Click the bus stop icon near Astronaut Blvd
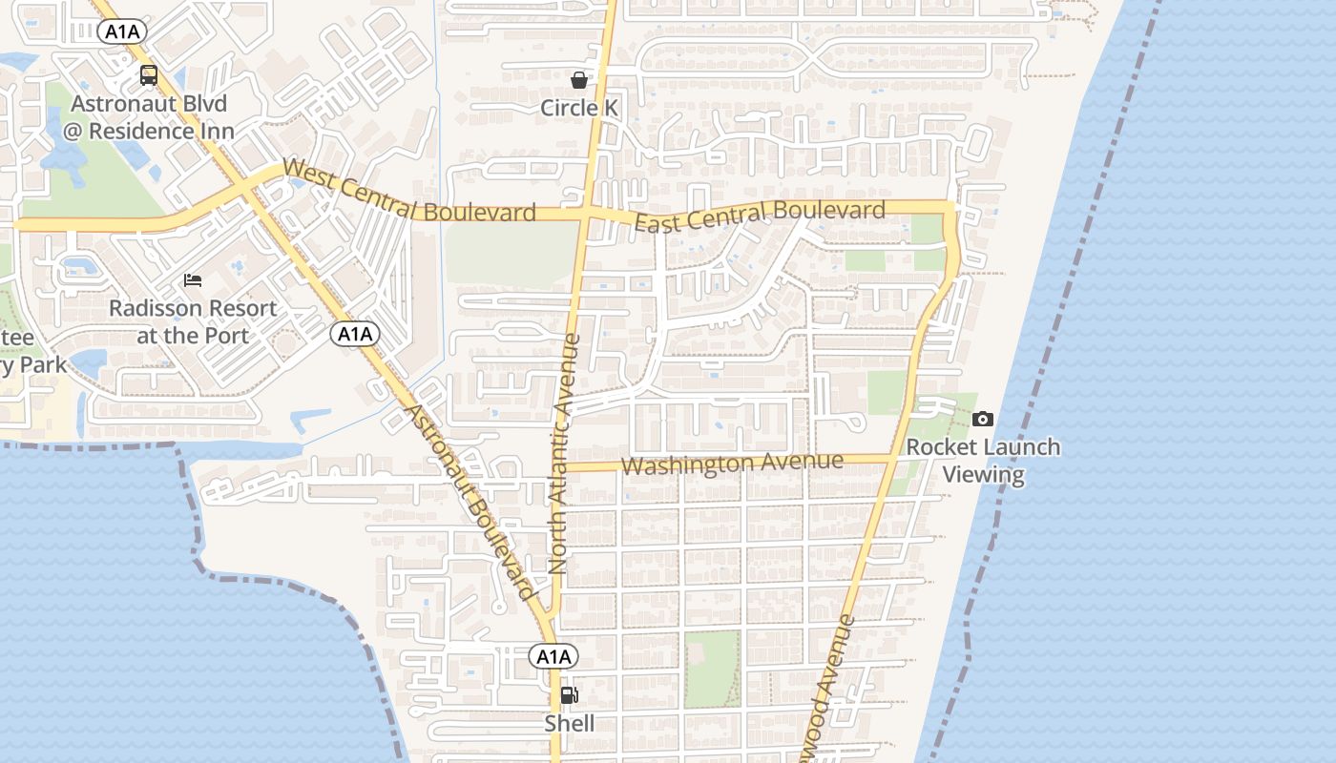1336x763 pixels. tap(149, 75)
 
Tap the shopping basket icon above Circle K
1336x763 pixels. tap(578, 79)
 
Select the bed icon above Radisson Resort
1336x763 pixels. tap(193, 280)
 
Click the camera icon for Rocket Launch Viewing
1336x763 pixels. tap(983, 419)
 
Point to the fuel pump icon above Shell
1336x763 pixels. tap(569, 694)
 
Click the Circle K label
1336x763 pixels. tap(579, 108)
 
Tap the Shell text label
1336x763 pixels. tap(569, 724)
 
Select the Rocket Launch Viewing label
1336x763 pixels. tap(983, 461)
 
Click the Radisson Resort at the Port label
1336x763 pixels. tap(193, 321)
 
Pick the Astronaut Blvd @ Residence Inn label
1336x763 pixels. tap(149, 117)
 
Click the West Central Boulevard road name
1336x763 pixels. tap(409, 194)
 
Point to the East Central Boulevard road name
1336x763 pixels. tap(760, 216)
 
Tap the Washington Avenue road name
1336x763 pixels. tap(732, 464)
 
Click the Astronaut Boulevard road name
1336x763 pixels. tap(469, 501)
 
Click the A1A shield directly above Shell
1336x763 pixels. tap(553, 656)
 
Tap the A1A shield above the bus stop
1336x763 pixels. tap(122, 31)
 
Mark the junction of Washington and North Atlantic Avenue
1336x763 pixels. tap(563, 467)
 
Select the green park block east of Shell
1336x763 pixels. tap(712, 669)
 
